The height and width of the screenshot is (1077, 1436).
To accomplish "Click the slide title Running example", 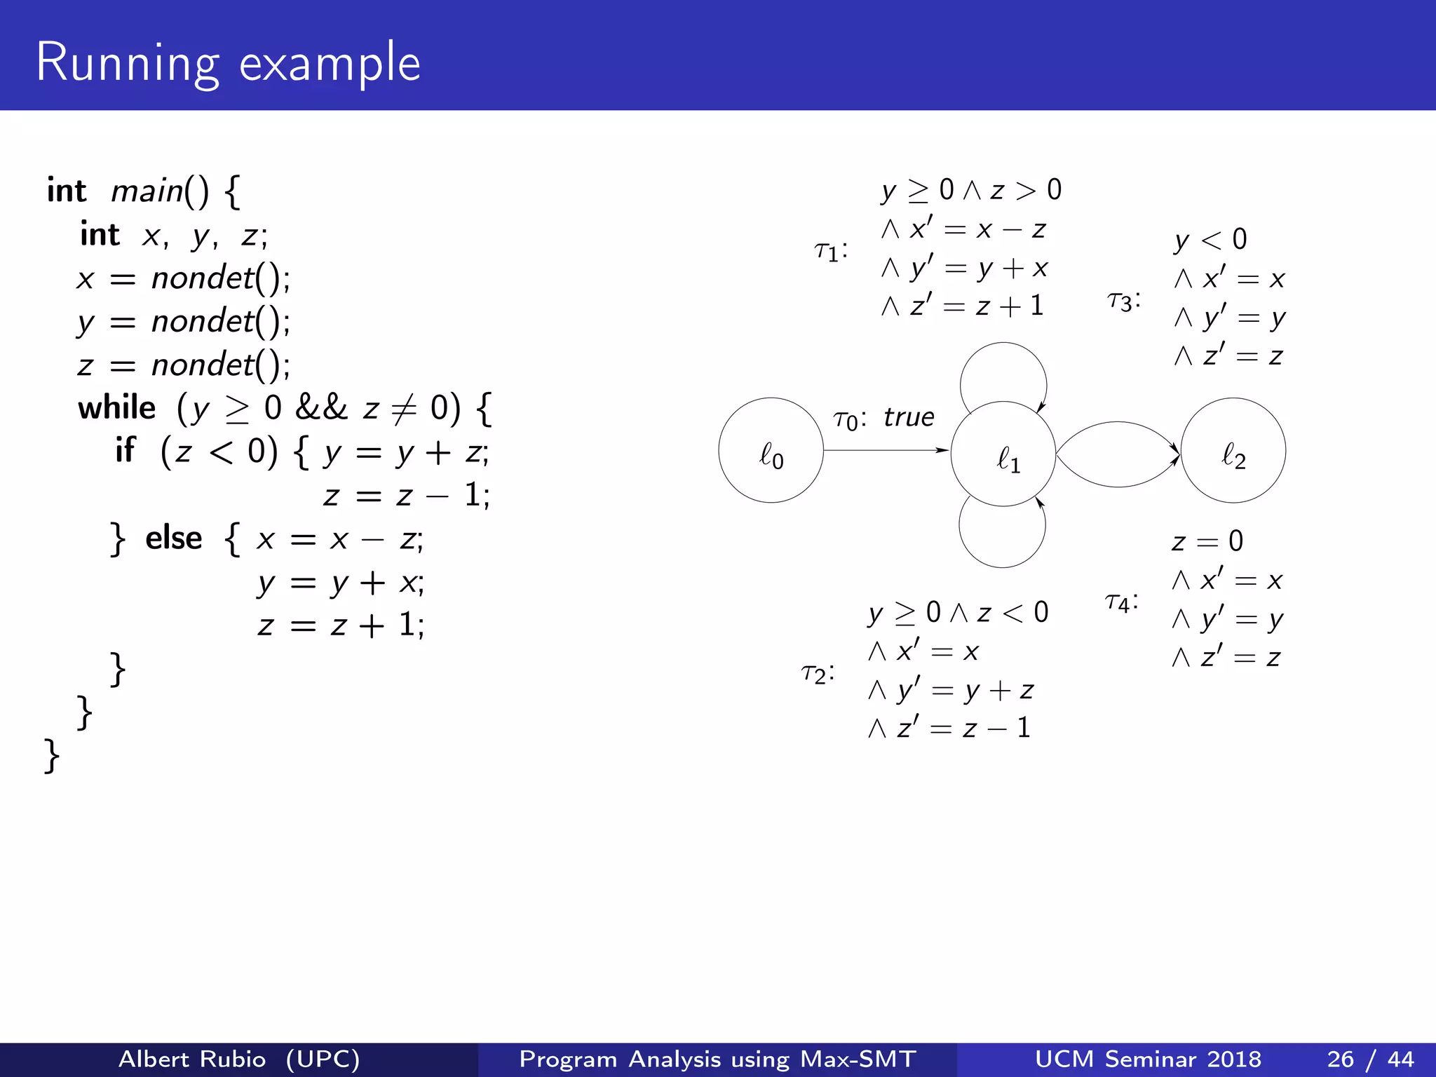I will [x=228, y=63].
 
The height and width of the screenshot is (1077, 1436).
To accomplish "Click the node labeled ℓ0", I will [x=771, y=450].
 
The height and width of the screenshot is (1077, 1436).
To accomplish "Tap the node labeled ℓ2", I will [x=1233, y=450].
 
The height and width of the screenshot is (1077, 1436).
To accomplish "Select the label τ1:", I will [x=831, y=250].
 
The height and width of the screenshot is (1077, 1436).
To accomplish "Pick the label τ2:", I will [x=818, y=673].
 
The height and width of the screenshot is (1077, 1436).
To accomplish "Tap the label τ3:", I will [x=1123, y=302].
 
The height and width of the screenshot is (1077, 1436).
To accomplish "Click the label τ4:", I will [x=1120, y=602].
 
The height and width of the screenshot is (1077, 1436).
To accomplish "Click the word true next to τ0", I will [x=909, y=417].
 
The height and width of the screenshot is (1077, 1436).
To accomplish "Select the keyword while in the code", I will [x=117, y=408].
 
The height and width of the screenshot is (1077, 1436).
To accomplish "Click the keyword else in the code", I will [x=173, y=538].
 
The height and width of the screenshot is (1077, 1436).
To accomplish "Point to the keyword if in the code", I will [x=125, y=450].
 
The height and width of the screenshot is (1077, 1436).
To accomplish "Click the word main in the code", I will [x=147, y=191].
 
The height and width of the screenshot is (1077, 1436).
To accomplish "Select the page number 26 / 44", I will [x=1370, y=1059].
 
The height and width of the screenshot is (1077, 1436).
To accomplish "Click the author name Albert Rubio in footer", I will [x=192, y=1059].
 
